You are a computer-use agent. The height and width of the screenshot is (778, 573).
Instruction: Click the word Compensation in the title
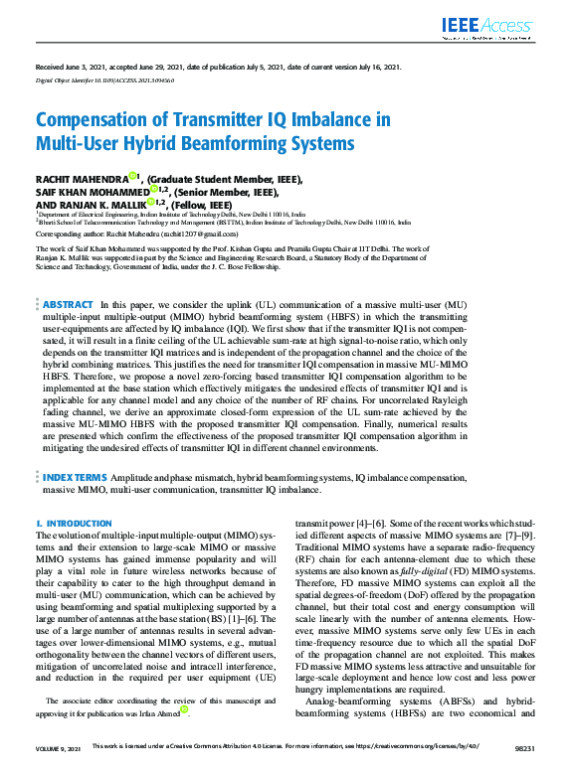pyautogui.click(x=94, y=120)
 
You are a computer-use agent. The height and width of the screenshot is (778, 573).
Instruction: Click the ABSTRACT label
pyautogui.click(x=68, y=304)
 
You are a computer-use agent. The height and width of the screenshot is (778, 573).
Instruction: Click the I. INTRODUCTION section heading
pyautogui.click(x=75, y=524)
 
